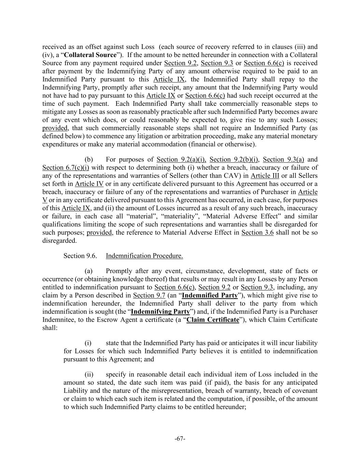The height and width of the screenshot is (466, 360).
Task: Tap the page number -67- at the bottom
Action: tap(180, 439)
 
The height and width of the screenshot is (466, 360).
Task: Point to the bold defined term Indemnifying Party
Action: tap(160, 312)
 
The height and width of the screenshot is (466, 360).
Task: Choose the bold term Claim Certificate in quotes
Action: tap(213, 320)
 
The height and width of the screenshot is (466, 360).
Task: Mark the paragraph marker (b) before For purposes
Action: tap(89, 159)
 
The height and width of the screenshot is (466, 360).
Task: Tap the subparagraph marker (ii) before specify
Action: tap(89, 375)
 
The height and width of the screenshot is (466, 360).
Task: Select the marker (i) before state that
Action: tap(89, 343)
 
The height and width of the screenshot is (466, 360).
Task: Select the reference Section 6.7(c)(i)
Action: tap(66, 168)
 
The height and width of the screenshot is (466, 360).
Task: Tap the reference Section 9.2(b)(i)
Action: tap(235, 159)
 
